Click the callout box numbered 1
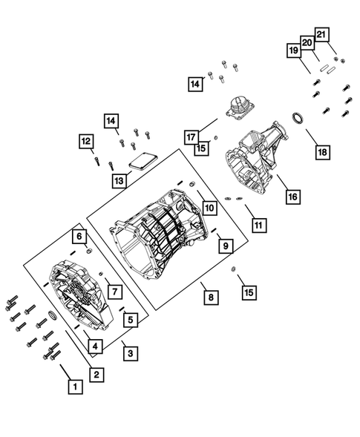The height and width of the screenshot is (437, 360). pyautogui.click(x=74, y=386)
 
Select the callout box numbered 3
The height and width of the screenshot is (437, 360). pyautogui.click(x=130, y=352)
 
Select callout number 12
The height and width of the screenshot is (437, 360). pyautogui.click(x=88, y=141)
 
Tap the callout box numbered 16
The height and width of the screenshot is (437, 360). pyautogui.click(x=292, y=197)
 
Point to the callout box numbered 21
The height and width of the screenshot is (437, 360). pyautogui.click(x=322, y=35)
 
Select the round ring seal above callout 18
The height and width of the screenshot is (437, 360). pyautogui.click(x=298, y=119)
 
